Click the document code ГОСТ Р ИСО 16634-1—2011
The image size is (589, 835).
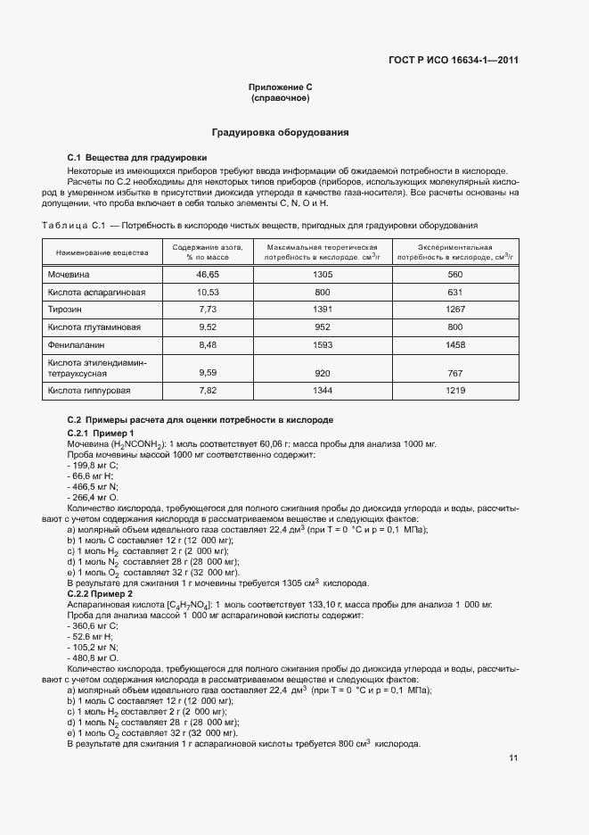(453, 61)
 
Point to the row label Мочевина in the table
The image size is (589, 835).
(70, 276)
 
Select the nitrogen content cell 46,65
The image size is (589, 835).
(207, 276)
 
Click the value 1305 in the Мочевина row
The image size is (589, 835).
(322, 276)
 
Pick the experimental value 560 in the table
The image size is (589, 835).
(455, 276)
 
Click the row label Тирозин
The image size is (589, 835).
(65, 310)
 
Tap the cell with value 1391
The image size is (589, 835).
(322, 310)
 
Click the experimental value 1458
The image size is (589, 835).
(455, 343)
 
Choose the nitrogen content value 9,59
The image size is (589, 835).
(207, 372)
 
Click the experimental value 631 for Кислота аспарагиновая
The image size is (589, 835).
(455, 293)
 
